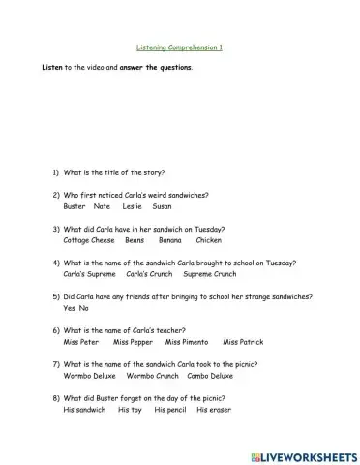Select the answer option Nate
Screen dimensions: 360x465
tap(102, 205)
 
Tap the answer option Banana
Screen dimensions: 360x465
tap(170, 239)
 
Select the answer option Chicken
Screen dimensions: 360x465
tap(208, 239)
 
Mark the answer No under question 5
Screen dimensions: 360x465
tap(83, 307)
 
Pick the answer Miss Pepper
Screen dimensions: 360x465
tap(133, 341)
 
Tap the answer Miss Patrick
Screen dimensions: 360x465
tap(243, 341)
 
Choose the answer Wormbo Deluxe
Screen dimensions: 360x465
tap(90, 375)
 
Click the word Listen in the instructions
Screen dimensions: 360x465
tap(50, 68)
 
